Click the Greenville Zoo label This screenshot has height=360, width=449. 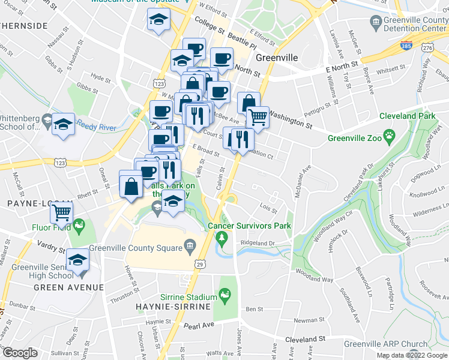[357, 139]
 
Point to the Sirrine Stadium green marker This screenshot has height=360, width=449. [225, 294]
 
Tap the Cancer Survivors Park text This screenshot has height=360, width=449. [249, 226]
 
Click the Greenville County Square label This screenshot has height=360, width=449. [136, 248]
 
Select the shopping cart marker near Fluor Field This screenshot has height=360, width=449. [62, 212]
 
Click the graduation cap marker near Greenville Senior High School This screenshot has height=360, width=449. [78, 260]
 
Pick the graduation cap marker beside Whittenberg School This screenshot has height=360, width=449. [63, 124]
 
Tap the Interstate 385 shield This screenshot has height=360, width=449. [405, 46]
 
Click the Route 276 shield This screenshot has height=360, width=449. [427, 47]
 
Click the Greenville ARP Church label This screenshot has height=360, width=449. [386, 344]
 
